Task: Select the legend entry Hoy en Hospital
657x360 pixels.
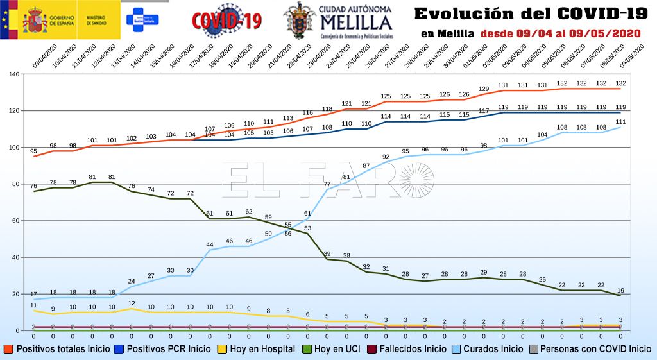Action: [257, 349]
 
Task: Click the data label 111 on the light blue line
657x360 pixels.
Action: [620, 121]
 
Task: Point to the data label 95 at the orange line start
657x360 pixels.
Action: [33, 151]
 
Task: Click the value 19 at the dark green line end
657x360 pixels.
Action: [620, 290]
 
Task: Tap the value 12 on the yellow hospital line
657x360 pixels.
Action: [132, 303]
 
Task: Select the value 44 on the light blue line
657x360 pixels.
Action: [210, 244]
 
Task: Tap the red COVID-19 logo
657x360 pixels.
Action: [227, 21]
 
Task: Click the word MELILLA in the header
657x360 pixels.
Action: [356, 22]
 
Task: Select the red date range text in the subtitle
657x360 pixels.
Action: [562, 33]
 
